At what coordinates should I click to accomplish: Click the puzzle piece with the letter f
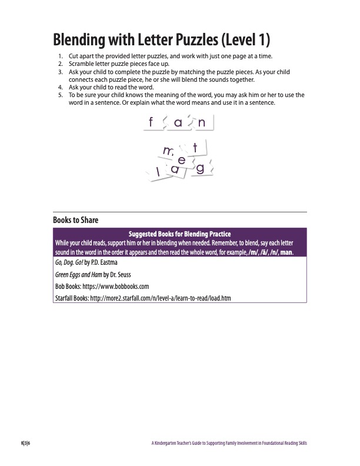[x=151, y=122]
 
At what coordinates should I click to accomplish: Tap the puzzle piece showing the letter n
[x=202, y=122]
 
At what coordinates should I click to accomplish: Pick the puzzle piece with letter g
[x=200, y=168]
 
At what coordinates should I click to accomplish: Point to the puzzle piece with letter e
[x=182, y=160]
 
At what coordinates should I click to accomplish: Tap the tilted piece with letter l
[x=158, y=172]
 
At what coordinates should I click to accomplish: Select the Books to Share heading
[x=75, y=220]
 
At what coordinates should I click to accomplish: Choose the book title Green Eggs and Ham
[x=77, y=274]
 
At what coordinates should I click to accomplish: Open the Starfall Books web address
[x=156, y=298]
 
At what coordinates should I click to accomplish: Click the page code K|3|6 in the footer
[x=24, y=443]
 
